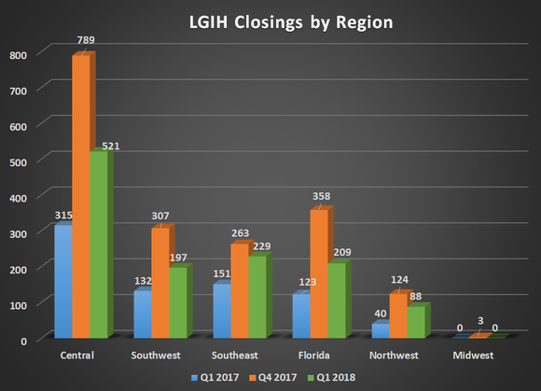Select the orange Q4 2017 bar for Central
click(81, 196)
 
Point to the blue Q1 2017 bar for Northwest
click(380, 330)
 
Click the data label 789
click(85, 42)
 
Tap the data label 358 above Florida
click(323, 197)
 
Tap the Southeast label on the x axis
click(243, 355)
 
